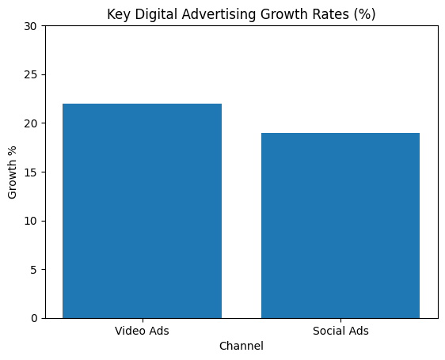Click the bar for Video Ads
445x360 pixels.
142,210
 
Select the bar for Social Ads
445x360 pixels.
340,225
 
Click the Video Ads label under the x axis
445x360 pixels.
142,331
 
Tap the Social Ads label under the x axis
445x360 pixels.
340,331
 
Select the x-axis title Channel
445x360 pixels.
242,346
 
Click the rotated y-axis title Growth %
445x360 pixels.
12,172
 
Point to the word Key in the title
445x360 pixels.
117,13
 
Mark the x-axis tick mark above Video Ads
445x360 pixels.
142,320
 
